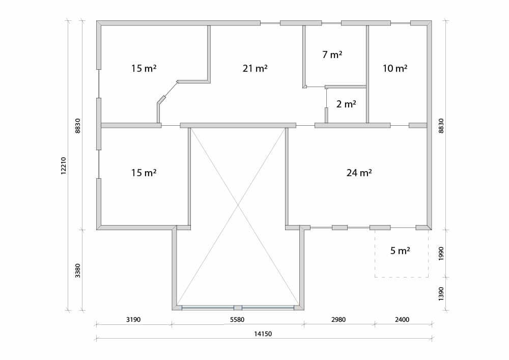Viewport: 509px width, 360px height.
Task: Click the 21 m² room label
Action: (x=255, y=69)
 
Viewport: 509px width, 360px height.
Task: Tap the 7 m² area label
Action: (x=332, y=54)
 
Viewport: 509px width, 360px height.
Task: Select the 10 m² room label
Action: (x=395, y=69)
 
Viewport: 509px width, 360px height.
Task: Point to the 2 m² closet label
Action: (x=346, y=104)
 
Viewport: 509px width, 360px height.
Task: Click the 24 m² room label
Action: (x=359, y=173)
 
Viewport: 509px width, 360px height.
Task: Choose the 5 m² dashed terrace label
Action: (x=400, y=251)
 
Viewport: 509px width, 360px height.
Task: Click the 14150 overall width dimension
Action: (x=263, y=334)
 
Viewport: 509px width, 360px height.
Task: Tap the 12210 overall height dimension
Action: (x=64, y=166)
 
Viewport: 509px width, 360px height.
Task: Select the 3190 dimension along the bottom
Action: (x=133, y=319)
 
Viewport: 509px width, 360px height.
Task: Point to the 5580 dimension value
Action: (x=237, y=319)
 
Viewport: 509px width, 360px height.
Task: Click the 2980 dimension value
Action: (x=338, y=319)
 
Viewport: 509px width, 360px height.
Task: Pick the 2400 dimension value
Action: (x=402, y=319)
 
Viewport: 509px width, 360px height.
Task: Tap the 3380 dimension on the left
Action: (x=78, y=270)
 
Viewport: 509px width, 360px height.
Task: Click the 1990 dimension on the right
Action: (x=441, y=254)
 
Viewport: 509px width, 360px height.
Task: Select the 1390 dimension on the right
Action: (x=441, y=293)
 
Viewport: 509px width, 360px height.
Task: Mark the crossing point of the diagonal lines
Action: (x=238, y=205)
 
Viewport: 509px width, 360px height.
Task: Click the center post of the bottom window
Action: (x=238, y=308)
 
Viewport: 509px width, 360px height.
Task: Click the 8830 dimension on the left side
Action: (x=78, y=126)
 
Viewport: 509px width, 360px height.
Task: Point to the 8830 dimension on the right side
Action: (x=441, y=126)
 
